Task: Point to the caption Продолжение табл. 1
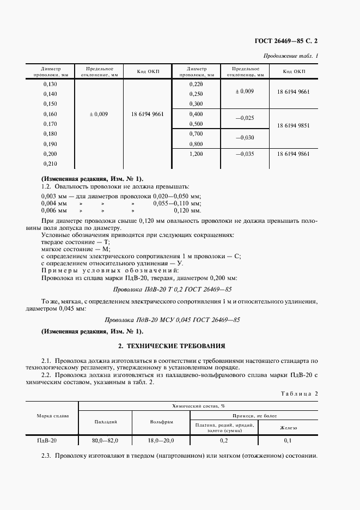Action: pos(291,56)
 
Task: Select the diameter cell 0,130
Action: pos(50,84)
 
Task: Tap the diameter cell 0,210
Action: pos(50,164)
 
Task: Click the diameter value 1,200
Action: pos(196,154)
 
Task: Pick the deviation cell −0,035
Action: pos(244,154)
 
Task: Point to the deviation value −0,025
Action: pos(244,118)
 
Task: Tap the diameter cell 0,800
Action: pos(196,144)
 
